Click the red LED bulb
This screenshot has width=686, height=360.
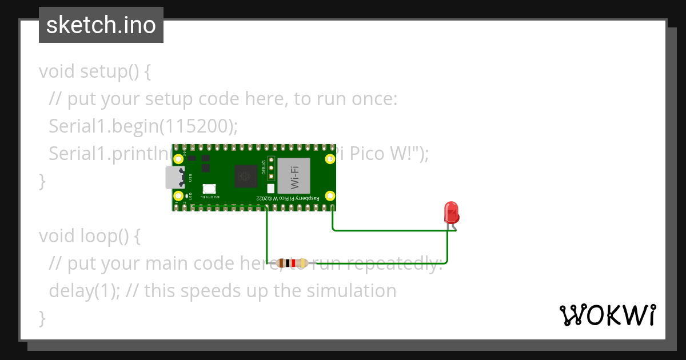pos(452,212)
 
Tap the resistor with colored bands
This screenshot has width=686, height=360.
pos(292,263)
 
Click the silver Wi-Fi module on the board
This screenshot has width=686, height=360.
pos(294,175)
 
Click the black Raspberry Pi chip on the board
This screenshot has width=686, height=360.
pos(246,176)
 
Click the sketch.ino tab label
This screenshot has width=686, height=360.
pos(101,25)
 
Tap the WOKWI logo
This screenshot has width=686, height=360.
pos(607,315)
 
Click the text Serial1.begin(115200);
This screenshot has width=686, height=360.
pos(143,126)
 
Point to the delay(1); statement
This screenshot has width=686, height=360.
pos(84,290)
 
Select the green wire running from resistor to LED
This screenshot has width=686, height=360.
pos(400,263)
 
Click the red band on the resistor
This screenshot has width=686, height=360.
pos(293,263)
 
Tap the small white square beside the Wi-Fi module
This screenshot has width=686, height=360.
pos(271,188)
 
